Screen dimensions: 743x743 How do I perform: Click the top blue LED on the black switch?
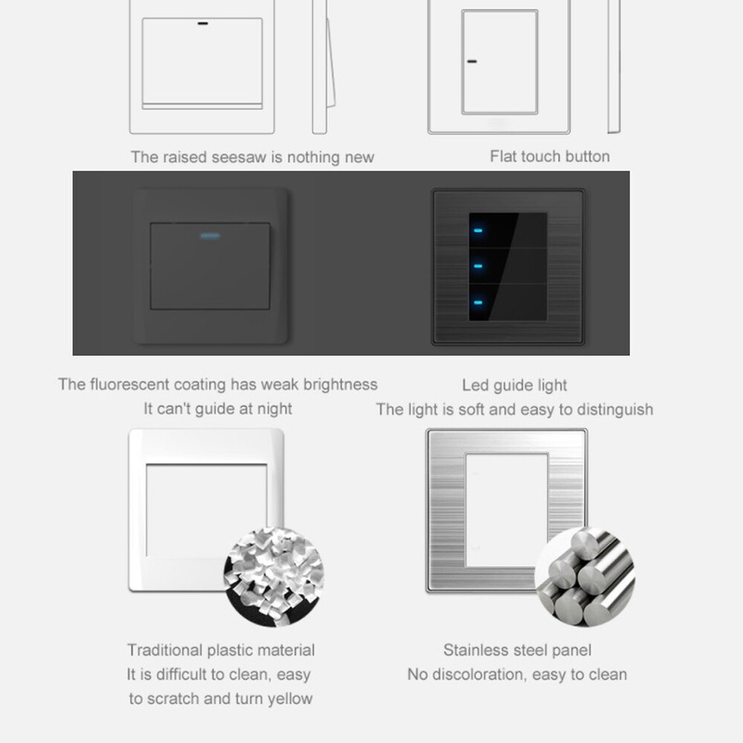(x=479, y=230)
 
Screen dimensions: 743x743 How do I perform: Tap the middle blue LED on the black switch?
(x=479, y=265)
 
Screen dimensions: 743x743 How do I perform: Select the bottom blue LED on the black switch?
(x=479, y=301)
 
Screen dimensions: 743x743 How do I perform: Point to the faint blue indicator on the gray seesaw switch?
(x=210, y=235)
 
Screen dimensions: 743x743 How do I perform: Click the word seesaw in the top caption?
(x=238, y=157)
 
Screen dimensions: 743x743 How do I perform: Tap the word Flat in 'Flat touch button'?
(x=503, y=156)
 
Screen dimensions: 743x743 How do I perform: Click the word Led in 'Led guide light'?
(x=474, y=385)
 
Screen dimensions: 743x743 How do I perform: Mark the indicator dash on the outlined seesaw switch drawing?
(x=203, y=23)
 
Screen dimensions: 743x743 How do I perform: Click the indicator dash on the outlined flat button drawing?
(x=471, y=61)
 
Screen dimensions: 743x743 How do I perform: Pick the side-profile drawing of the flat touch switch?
(x=614, y=67)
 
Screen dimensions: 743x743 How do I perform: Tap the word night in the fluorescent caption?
(x=272, y=409)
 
